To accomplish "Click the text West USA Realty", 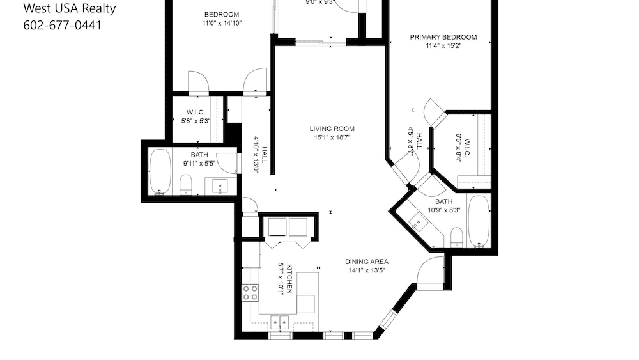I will pyautogui.click(x=69, y=8).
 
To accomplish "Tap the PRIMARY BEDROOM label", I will pyautogui.click(x=443, y=37).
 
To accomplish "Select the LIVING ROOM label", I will pyautogui.click(x=332, y=128).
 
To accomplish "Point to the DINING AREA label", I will pyautogui.click(x=367, y=262).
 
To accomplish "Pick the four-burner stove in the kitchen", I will pyautogui.click(x=250, y=293).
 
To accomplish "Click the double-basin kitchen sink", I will pyautogui.click(x=279, y=321).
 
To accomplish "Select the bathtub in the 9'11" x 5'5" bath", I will pyautogui.click(x=160, y=171).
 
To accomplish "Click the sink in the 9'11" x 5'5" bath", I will pyautogui.click(x=220, y=186).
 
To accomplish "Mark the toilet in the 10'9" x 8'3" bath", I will pyautogui.click(x=457, y=239).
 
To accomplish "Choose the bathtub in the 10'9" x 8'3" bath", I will pyautogui.click(x=478, y=221).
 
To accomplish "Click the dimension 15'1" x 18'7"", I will pyautogui.click(x=332, y=137).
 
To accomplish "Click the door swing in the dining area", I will pyautogui.click(x=428, y=271).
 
